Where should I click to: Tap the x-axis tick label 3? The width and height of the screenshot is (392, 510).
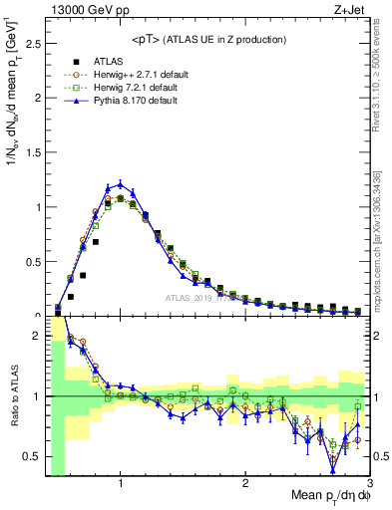[x=368, y=484]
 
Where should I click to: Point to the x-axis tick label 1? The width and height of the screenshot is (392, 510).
[x=120, y=484]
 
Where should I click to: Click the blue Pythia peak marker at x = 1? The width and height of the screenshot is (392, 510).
[x=120, y=183]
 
